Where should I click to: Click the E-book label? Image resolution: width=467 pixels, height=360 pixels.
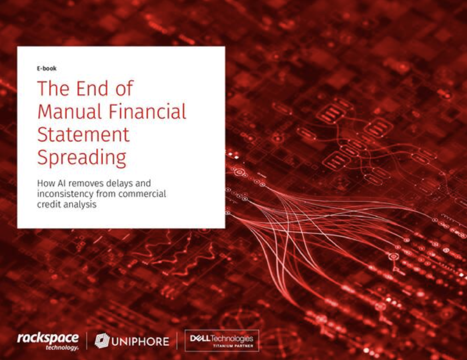click(x=47, y=69)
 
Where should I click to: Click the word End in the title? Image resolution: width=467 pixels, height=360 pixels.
click(x=92, y=88)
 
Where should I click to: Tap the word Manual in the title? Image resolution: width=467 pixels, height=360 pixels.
click(x=70, y=111)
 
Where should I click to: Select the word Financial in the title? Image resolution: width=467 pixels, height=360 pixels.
click(x=147, y=111)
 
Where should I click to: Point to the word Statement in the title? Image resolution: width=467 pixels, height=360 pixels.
click(x=83, y=134)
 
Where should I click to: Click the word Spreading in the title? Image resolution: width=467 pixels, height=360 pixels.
click(x=82, y=158)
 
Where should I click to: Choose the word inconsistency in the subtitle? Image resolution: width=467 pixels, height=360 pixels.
click(x=65, y=194)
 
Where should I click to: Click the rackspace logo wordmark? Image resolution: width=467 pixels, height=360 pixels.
click(x=48, y=339)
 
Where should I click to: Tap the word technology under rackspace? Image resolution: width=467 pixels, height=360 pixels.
click(x=62, y=348)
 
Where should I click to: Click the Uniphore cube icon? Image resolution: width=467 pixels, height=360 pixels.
click(x=102, y=341)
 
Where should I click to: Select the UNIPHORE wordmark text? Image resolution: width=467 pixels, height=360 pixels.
click(x=140, y=341)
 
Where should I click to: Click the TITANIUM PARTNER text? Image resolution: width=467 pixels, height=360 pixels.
click(x=233, y=346)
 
